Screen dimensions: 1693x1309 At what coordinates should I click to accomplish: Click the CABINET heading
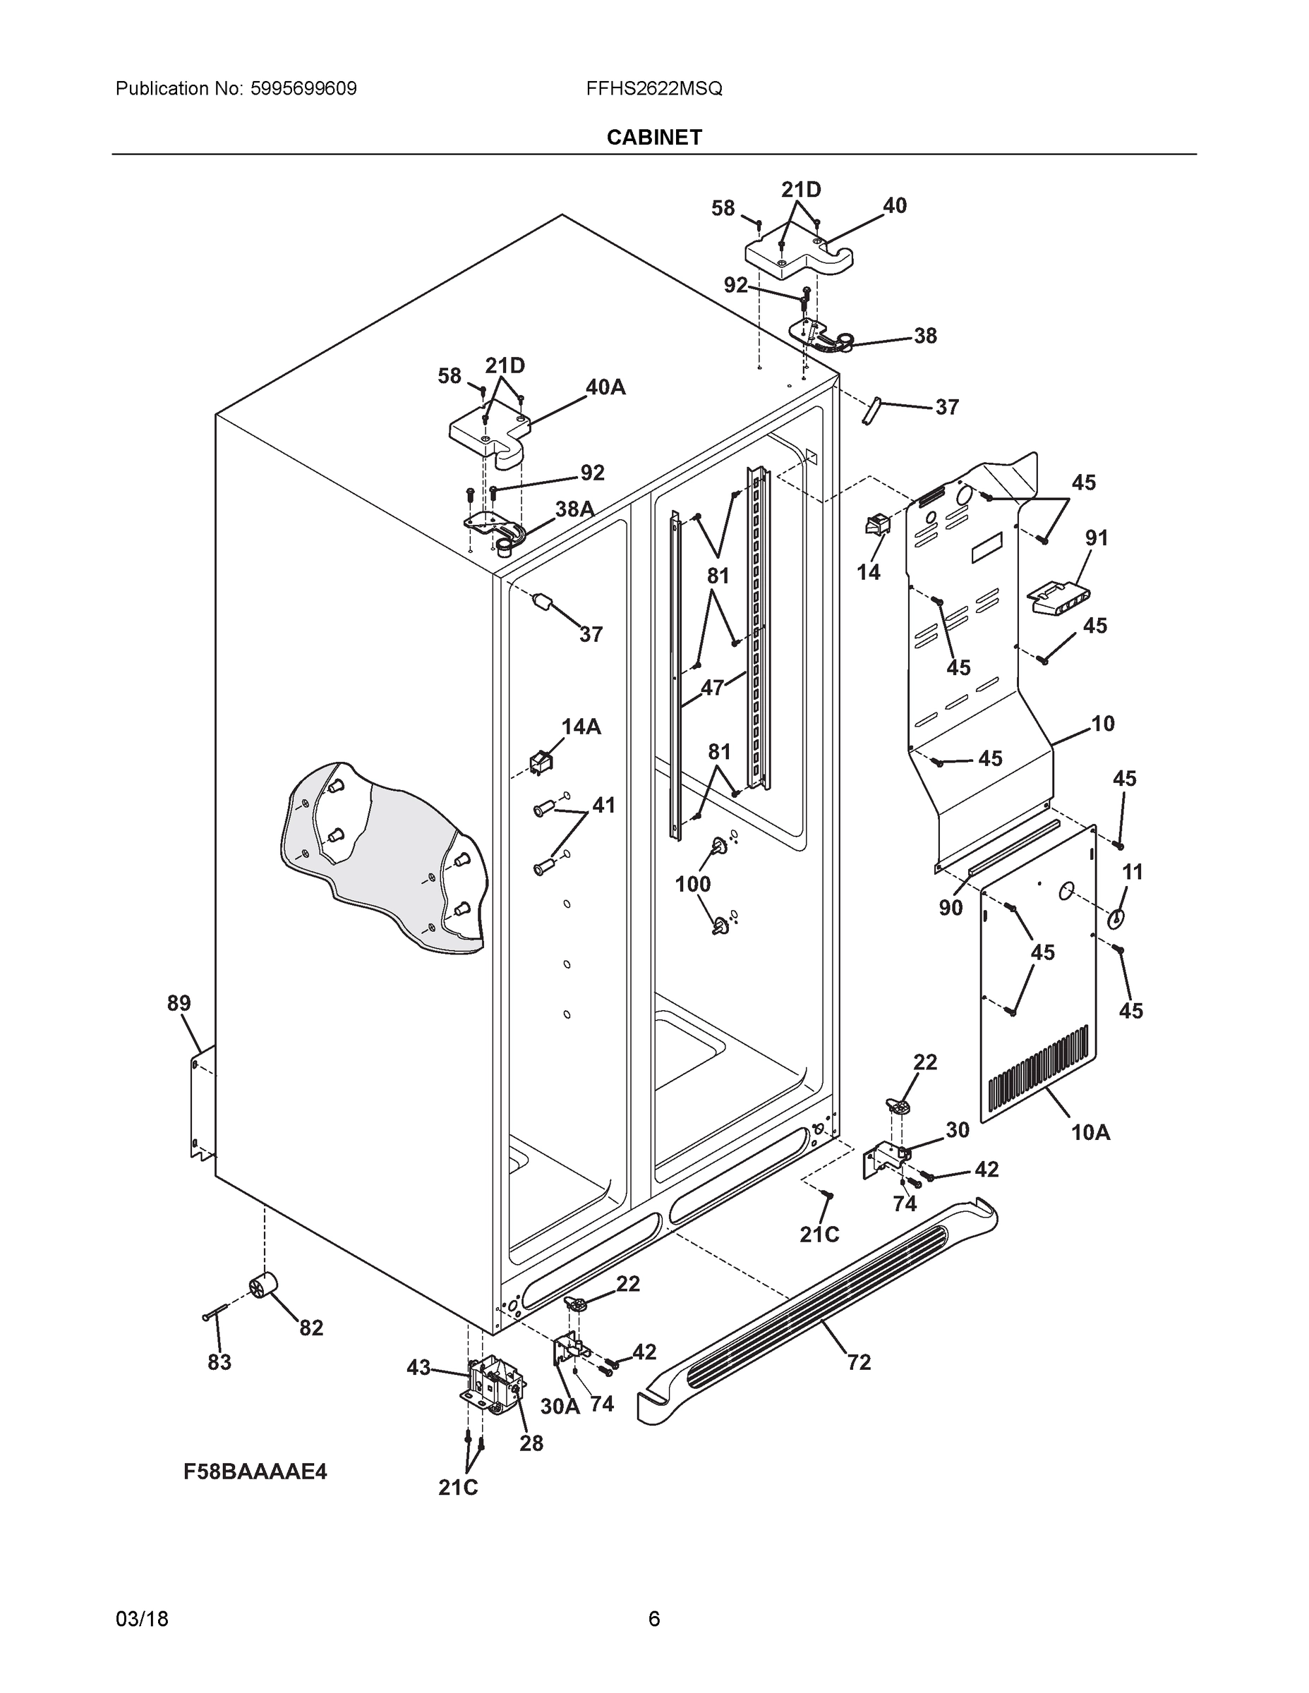coord(653,138)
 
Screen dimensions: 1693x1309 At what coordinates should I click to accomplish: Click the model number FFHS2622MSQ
coord(653,88)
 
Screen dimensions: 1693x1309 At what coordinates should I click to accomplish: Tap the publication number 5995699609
coord(303,88)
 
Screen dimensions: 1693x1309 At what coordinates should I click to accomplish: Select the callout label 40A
coord(605,387)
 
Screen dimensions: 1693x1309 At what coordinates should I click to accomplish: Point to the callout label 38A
coord(574,509)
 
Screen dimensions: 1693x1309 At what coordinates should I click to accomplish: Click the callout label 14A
coord(581,727)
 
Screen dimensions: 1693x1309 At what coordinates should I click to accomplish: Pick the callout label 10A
coord(1090,1132)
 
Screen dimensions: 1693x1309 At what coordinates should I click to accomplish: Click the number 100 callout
coord(692,884)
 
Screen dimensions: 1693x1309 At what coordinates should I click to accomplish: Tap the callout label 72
coord(859,1362)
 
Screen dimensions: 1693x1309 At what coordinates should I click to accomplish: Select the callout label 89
coord(179,1003)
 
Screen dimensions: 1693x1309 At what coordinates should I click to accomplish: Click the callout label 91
coord(1097,538)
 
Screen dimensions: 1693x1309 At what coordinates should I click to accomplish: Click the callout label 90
coord(951,907)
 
